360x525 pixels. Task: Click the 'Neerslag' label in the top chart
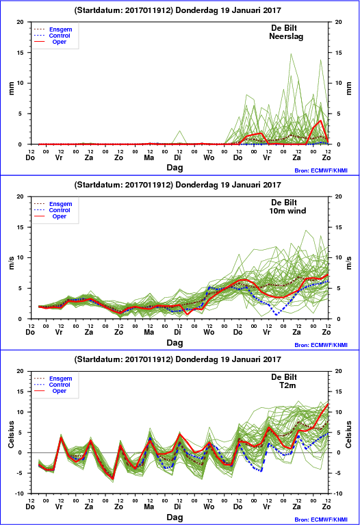point(286,36)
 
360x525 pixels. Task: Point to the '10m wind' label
point(287,211)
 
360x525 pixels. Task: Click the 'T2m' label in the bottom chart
point(287,385)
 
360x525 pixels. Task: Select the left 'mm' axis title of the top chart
point(12,88)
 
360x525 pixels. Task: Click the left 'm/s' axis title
point(12,263)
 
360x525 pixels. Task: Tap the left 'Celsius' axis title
point(12,435)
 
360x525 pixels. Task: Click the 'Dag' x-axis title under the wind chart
point(175,342)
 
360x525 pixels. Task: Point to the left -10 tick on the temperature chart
point(20,494)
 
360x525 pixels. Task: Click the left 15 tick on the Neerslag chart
point(21,53)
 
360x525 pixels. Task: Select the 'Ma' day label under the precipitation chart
point(149,157)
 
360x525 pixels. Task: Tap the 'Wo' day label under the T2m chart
point(209,507)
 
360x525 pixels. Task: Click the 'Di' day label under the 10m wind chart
point(177,332)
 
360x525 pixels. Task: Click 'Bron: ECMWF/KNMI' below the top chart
point(321,170)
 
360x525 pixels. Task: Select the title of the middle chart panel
point(177,185)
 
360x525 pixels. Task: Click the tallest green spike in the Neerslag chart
point(291,53)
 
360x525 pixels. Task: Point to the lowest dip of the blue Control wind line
point(277,315)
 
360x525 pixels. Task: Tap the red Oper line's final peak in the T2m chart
point(328,404)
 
